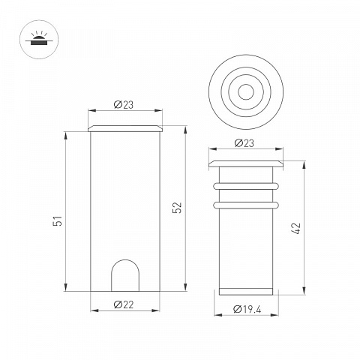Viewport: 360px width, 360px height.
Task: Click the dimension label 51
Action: tap(58, 220)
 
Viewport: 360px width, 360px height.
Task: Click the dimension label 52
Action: tap(177, 208)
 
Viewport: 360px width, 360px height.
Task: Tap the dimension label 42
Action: tap(296, 228)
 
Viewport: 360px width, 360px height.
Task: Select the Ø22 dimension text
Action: tap(124, 304)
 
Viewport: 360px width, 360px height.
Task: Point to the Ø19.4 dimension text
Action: tap(247, 309)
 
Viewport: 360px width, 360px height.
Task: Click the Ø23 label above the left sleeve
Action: tap(124, 105)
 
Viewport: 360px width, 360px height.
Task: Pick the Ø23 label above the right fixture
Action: tap(244, 143)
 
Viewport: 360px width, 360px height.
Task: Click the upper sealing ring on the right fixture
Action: tap(246, 186)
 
